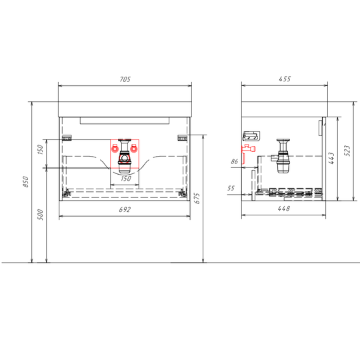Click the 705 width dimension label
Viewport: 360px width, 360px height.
(x=125, y=79)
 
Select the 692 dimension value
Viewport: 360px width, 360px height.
(x=125, y=209)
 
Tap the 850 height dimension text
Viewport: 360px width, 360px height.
(x=26, y=181)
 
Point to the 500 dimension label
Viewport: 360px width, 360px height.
(x=40, y=215)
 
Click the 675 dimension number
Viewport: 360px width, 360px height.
(x=197, y=199)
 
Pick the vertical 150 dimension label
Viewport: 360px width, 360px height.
(x=40, y=149)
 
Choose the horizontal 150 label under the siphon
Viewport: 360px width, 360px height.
(x=126, y=179)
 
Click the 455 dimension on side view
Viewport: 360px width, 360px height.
(x=285, y=79)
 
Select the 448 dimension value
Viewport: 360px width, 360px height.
(x=284, y=209)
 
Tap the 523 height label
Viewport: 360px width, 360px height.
(x=348, y=151)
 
